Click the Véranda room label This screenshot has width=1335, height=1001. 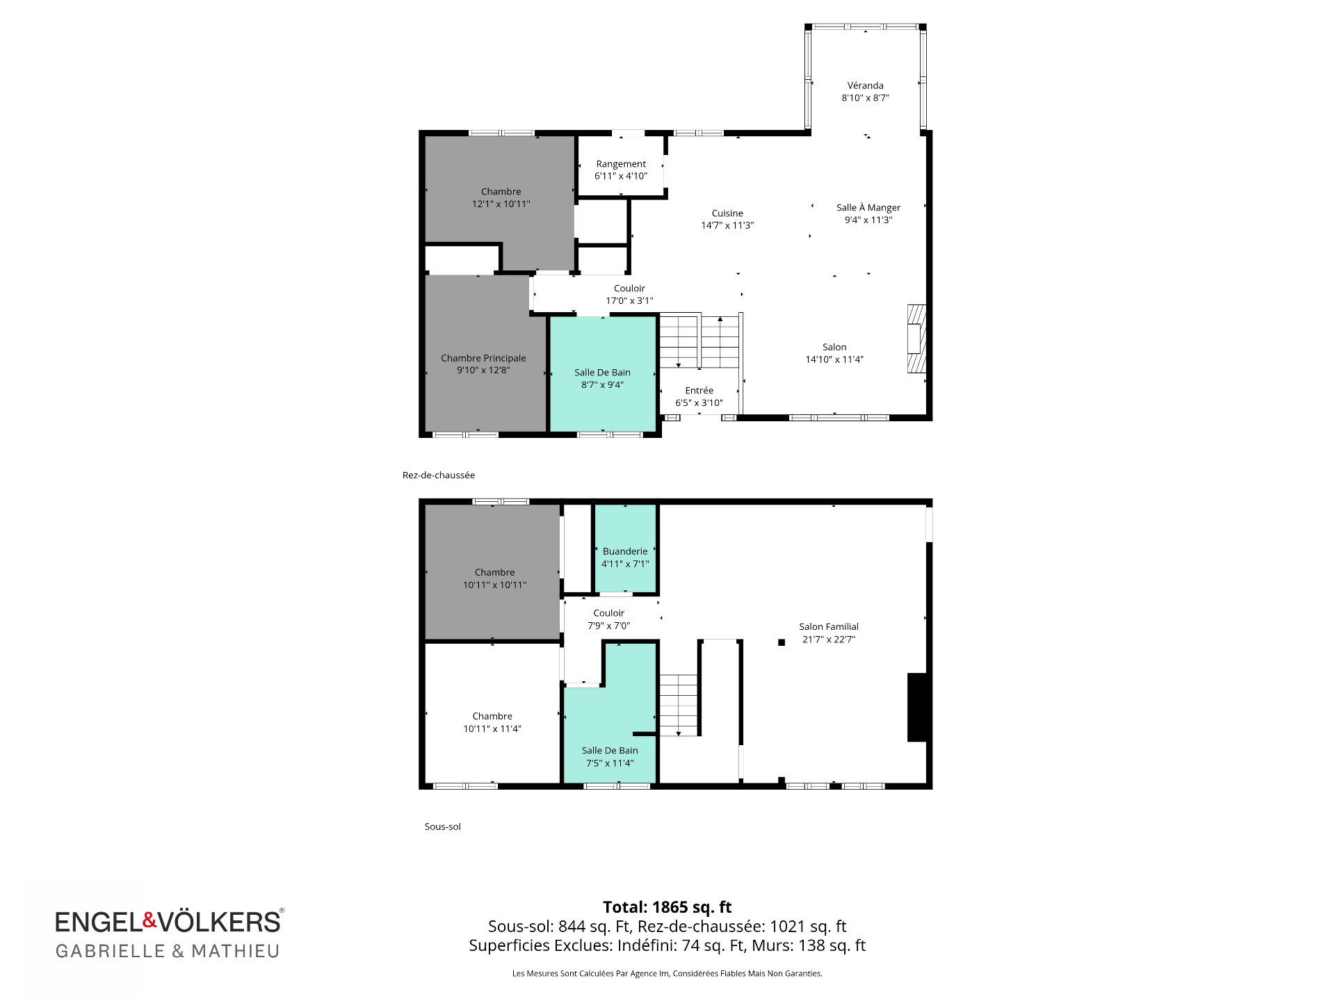pos(865,86)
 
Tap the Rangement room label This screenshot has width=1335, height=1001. pos(621,164)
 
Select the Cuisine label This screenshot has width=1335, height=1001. pos(727,213)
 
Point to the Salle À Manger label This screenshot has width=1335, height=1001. pos(868,207)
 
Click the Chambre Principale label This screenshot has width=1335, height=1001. pos(483,358)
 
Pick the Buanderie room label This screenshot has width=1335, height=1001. pos(625,551)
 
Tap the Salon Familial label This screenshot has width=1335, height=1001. pos(829,626)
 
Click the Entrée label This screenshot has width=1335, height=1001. pos(699,391)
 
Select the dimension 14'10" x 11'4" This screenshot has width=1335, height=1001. pos(834,359)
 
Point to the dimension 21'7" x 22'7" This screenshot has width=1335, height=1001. pos(829,640)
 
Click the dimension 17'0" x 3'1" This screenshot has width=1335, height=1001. pos(629,301)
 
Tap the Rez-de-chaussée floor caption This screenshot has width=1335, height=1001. pos(439,475)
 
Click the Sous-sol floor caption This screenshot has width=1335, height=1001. pos(443,827)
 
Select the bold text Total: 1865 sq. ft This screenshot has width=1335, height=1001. pos(667,907)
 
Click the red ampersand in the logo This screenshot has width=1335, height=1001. pos(150,920)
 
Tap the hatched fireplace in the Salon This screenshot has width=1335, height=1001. pos(917,339)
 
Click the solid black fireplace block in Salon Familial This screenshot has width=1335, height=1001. pos(917,707)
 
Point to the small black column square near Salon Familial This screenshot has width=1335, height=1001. pos(782,642)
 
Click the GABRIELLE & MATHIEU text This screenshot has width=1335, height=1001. pos(168,951)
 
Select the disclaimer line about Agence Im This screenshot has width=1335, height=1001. pos(667,973)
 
